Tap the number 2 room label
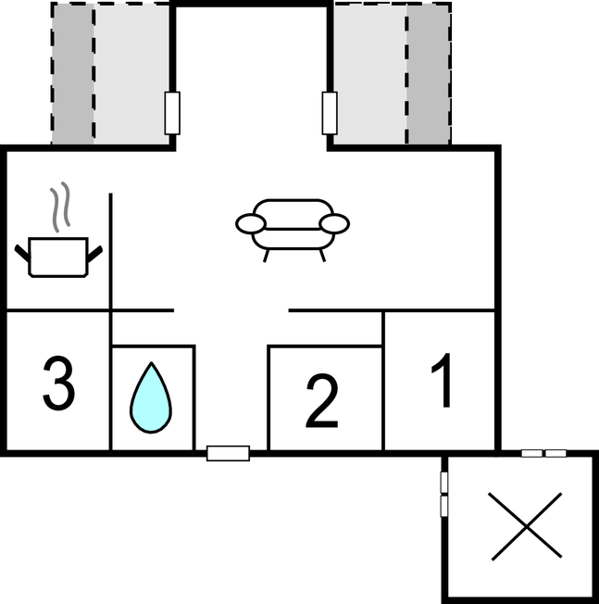point(322,401)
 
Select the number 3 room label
point(58,383)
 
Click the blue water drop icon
point(151,397)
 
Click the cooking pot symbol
point(58,257)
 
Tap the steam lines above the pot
point(60,207)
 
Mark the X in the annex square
point(526,526)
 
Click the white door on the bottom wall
point(229,453)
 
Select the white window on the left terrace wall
point(172,113)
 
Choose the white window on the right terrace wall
point(330,113)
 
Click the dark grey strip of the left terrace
point(72,74)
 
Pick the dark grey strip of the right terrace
point(429,74)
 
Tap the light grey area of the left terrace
point(131,74)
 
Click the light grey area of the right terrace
point(369,74)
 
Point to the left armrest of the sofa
point(251,224)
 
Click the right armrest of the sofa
point(334,224)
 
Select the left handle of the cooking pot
point(22,253)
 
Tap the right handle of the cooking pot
point(95,254)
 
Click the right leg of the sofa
point(322,256)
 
